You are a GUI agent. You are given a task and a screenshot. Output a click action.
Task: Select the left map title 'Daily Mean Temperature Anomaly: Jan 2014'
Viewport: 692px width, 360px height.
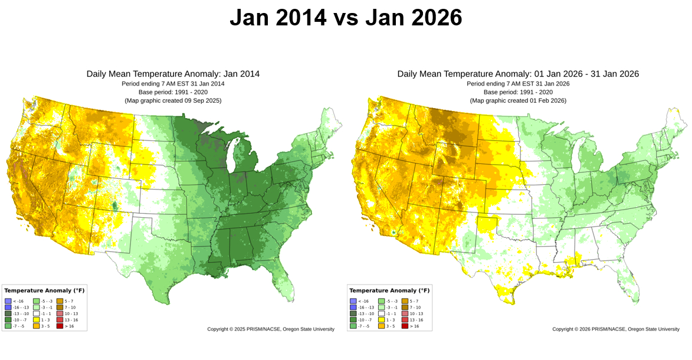point(173,74)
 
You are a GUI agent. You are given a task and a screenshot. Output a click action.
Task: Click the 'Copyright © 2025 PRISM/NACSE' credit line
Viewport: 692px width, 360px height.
point(271,329)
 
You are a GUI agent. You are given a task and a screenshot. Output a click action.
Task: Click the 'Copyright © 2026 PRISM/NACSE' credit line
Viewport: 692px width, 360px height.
point(616,329)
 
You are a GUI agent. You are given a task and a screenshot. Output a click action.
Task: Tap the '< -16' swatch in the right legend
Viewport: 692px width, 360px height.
point(353,301)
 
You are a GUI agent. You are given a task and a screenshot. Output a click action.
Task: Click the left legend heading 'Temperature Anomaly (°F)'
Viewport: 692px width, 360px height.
point(44,290)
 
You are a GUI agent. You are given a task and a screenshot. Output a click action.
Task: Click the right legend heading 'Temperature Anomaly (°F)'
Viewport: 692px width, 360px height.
point(389,290)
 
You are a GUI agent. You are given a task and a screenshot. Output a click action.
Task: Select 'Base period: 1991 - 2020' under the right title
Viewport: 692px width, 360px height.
point(518,92)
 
